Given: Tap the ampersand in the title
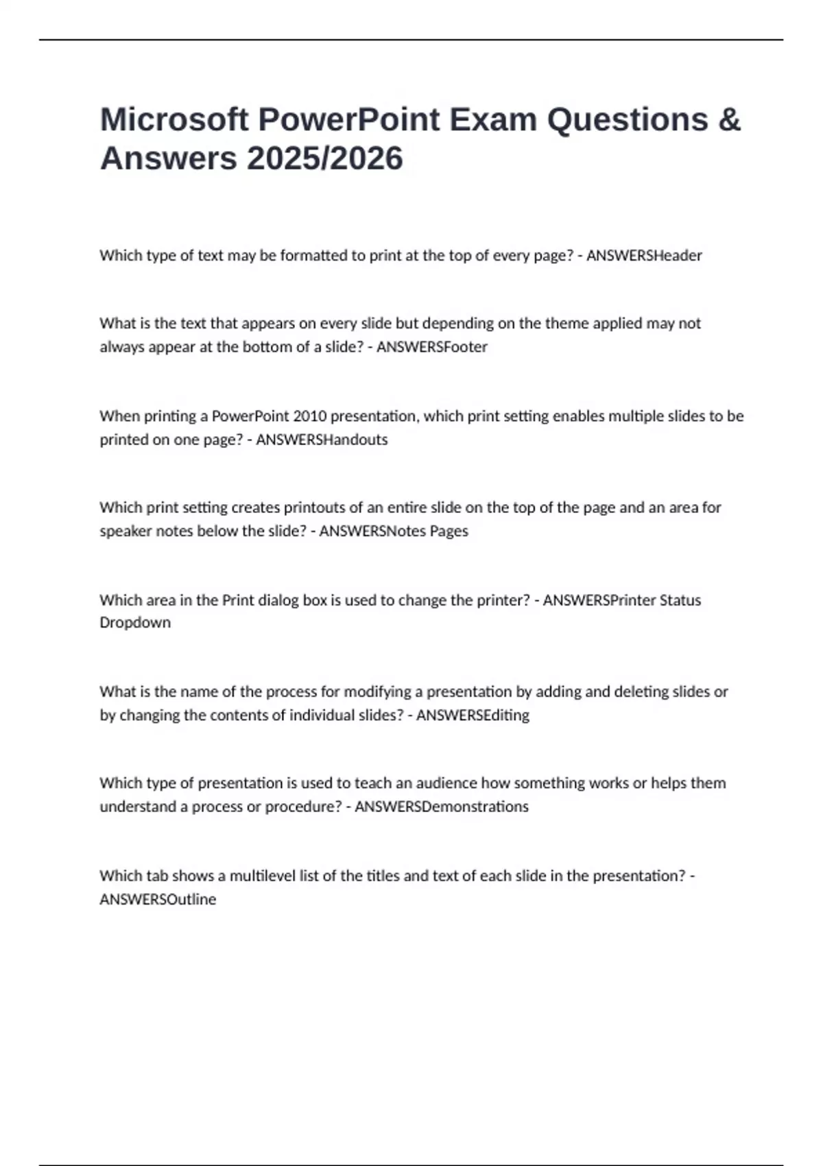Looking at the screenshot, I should [730, 119].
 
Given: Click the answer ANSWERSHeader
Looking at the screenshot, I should [644, 255].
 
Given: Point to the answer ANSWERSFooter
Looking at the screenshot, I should [431, 347].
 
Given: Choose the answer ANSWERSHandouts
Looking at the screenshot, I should [322, 440].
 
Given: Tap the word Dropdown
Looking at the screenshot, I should [135, 623].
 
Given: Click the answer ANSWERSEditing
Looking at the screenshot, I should [473, 715].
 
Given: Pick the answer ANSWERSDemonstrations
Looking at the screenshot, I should [441, 807].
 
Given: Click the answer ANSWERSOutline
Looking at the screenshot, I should [158, 899].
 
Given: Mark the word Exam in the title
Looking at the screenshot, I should [493, 119].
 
